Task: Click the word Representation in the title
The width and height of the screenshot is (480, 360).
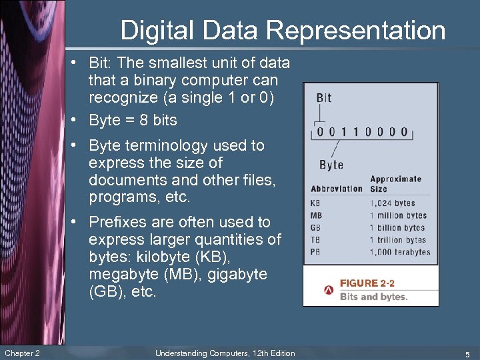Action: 356,31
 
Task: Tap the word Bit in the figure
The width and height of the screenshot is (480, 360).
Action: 323,98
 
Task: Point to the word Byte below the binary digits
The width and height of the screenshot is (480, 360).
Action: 331,165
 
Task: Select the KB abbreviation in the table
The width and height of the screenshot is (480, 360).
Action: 316,203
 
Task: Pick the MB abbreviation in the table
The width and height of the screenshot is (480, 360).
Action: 316,215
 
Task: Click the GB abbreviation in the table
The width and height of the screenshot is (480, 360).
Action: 316,227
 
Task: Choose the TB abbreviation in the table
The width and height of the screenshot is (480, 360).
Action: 316,239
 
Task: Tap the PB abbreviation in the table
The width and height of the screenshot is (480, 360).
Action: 316,251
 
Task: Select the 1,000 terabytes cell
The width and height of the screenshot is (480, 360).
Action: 400,252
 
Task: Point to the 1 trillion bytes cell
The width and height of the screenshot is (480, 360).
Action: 398,240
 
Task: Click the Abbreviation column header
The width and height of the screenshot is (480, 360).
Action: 336,188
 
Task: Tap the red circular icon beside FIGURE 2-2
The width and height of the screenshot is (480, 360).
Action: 329,291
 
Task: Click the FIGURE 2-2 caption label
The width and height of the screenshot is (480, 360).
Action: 367,283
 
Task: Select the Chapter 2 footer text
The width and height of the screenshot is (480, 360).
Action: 22,353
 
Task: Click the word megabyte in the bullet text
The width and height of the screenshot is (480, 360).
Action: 121,274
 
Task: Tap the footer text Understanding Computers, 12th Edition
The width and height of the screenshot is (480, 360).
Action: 225,353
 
